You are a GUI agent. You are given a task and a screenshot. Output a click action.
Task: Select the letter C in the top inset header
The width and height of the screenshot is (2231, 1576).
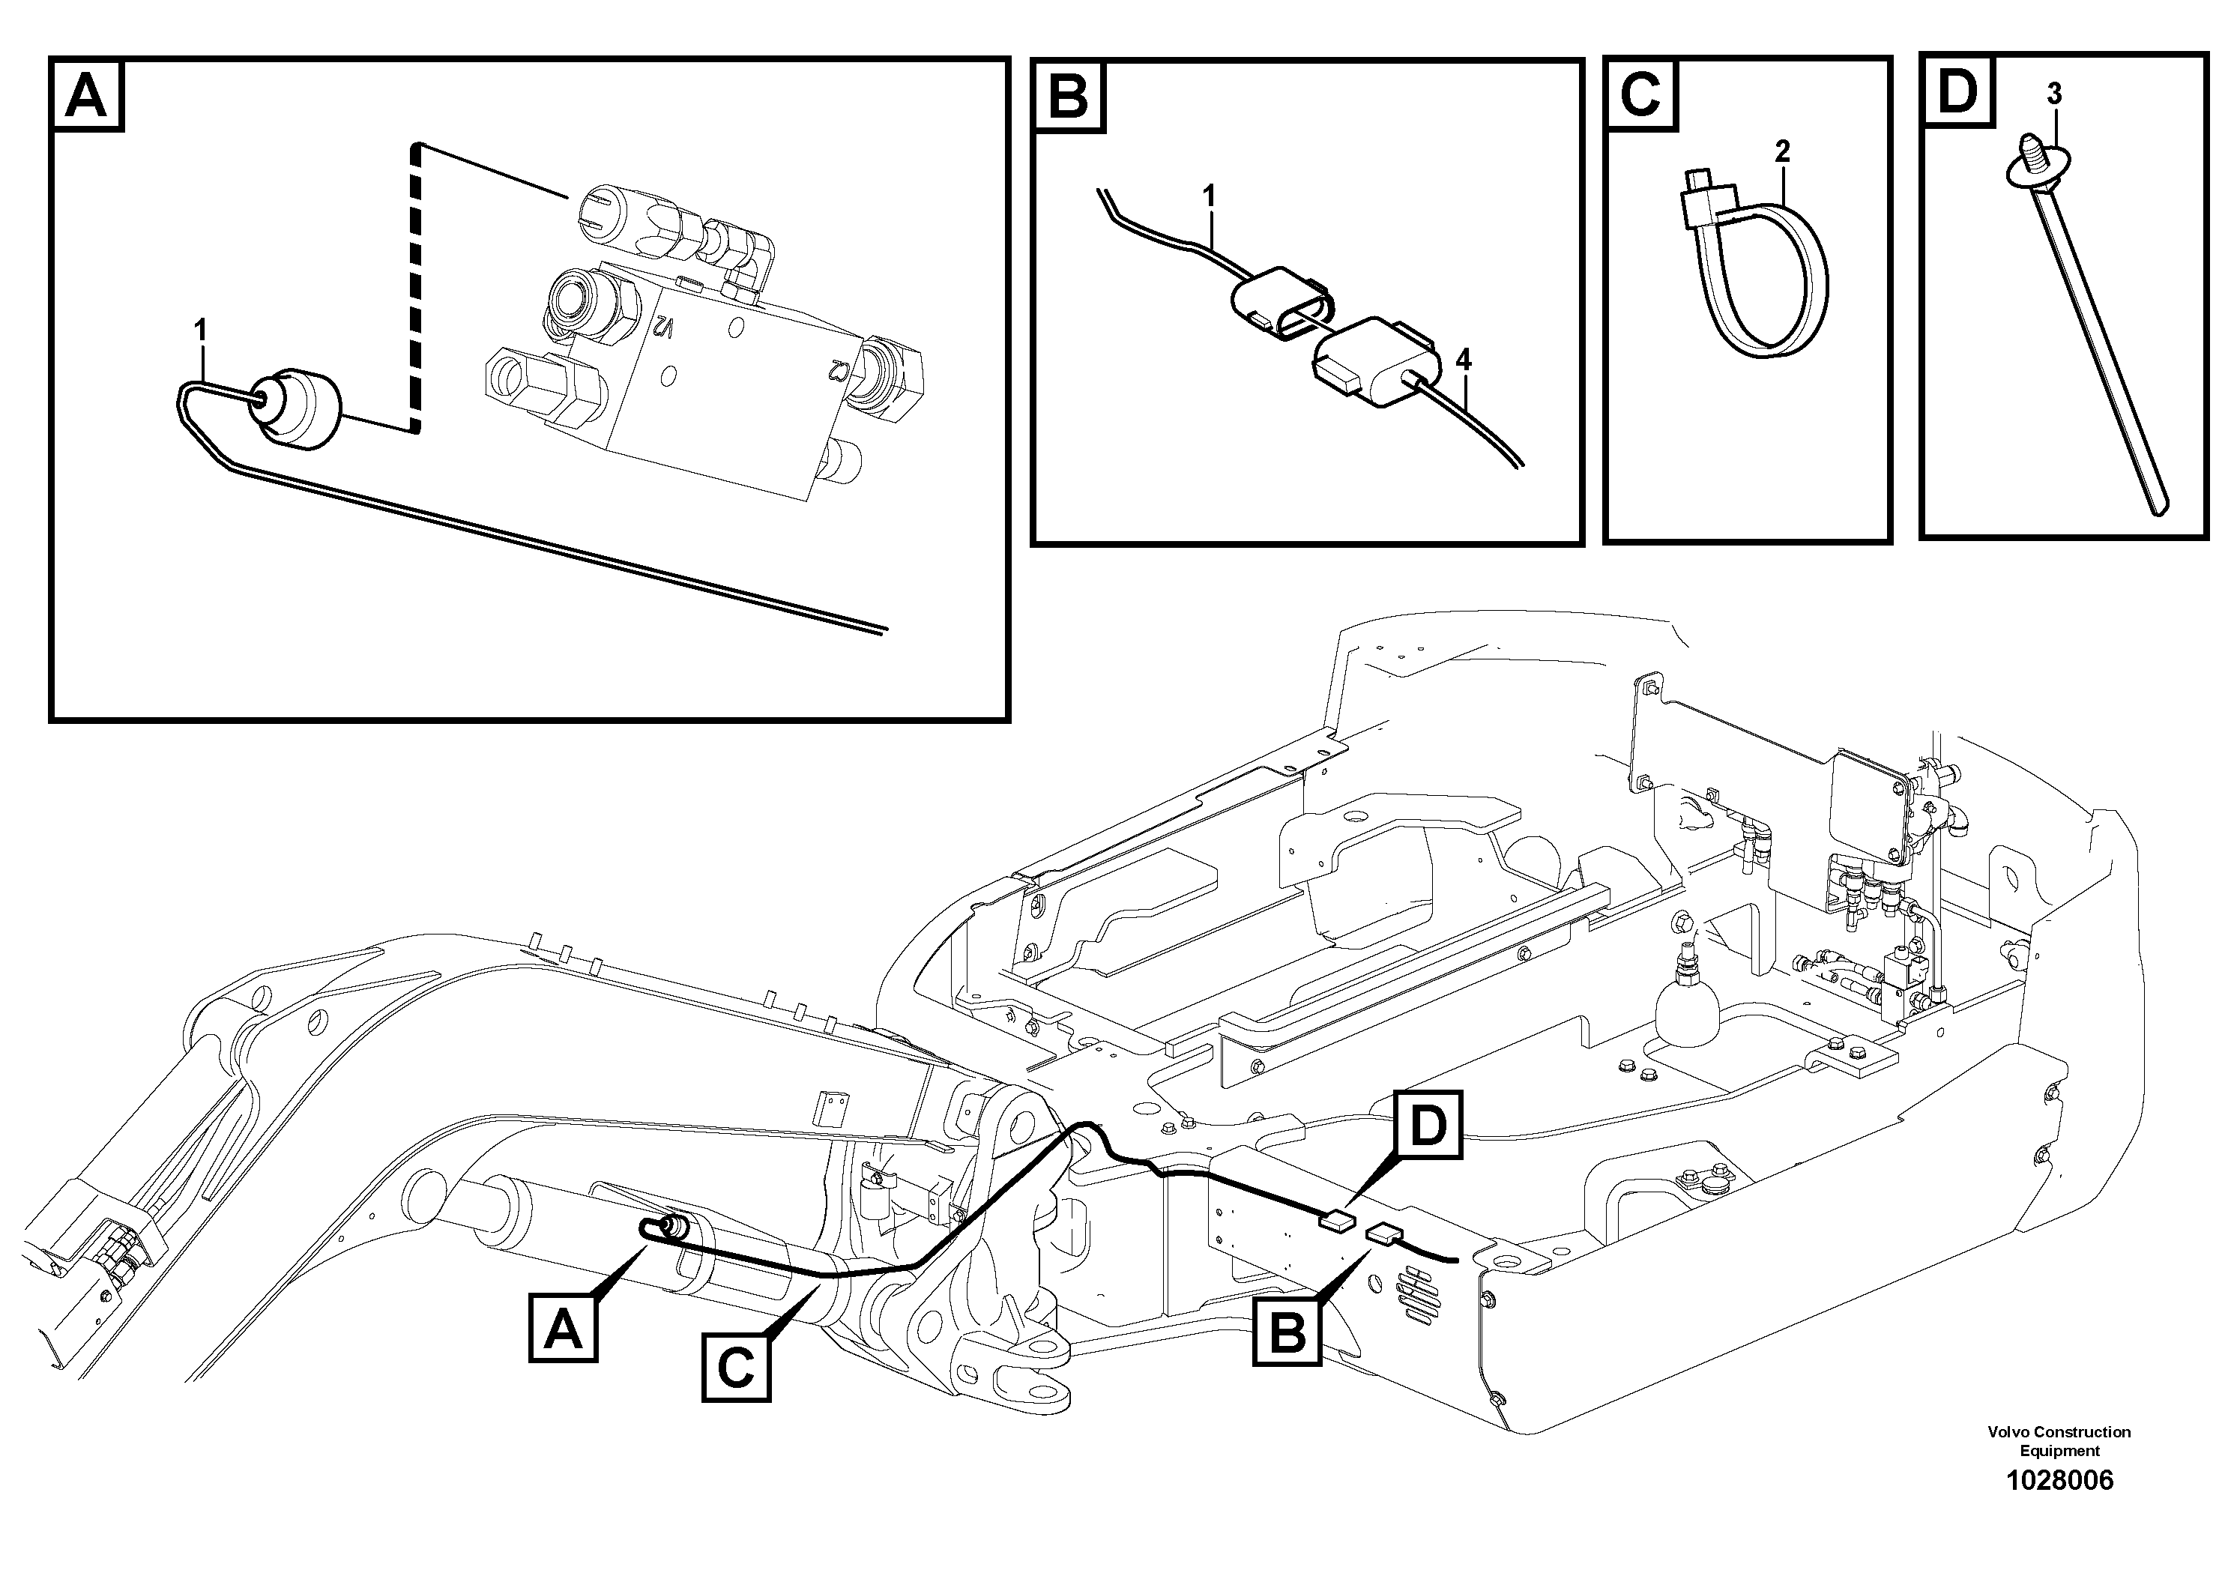(x=1641, y=94)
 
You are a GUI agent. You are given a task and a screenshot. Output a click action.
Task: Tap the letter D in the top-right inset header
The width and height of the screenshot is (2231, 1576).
(x=1957, y=91)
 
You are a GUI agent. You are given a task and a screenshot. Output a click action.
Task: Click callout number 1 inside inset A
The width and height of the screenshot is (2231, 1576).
(x=200, y=331)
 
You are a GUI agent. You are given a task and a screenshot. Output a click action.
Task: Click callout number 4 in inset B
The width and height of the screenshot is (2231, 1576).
(x=1464, y=360)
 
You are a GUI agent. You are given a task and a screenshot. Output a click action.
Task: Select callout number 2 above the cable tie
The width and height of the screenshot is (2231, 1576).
(x=1781, y=151)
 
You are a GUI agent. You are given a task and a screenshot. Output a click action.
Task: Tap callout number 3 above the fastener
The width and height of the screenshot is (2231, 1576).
(x=2053, y=94)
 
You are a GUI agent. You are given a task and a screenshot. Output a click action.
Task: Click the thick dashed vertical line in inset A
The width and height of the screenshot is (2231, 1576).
(x=417, y=292)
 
